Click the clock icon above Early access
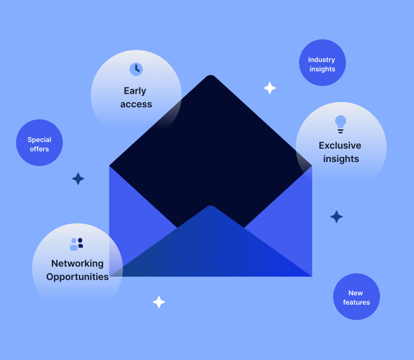tap(136, 69)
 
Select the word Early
tap(135, 91)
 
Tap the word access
tap(136, 104)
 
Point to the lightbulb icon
tap(341, 124)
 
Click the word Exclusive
tap(340, 146)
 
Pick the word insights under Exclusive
tap(341, 159)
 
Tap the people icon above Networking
tap(77, 244)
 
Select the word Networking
tap(77, 263)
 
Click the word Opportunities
tap(77, 277)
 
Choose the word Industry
tap(322, 60)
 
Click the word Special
tap(39, 140)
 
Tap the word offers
tap(39, 149)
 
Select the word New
tap(355, 293)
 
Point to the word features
tap(357, 302)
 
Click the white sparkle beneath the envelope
tap(159, 302)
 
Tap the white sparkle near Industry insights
tap(270, 88)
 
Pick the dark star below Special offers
tap(78, 179)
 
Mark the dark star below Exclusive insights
tap(337, 217)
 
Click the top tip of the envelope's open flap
tap(210, 75)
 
